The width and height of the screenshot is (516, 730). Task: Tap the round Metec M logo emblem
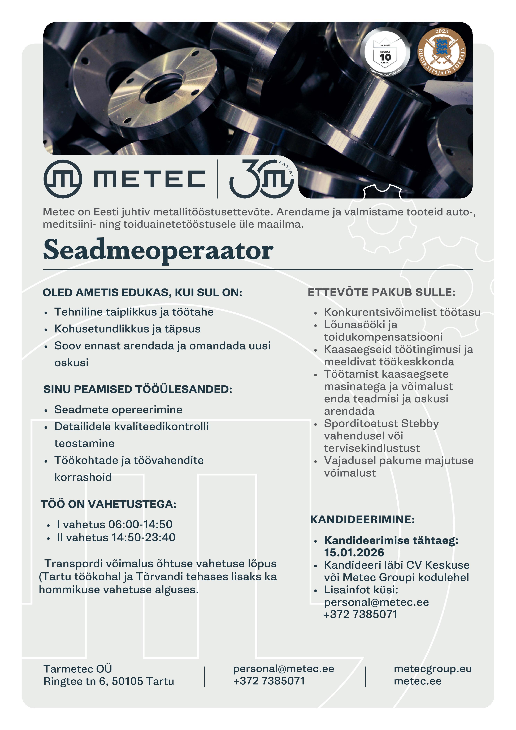(x=63, y=179)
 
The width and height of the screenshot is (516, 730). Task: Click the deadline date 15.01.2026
(x=354, y=552)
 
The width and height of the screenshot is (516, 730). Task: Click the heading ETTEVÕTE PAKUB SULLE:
(x=381, y=292)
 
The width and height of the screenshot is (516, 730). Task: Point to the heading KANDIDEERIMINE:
(x=362, y=519)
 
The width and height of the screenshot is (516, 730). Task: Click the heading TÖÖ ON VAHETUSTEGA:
(x=108, y=504)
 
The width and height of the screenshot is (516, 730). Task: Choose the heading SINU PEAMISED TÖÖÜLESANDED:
(x=138, y=389)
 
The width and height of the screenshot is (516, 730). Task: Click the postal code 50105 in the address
(x=127, y=681)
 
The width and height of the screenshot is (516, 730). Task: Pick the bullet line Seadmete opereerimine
(x=118, y=409)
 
